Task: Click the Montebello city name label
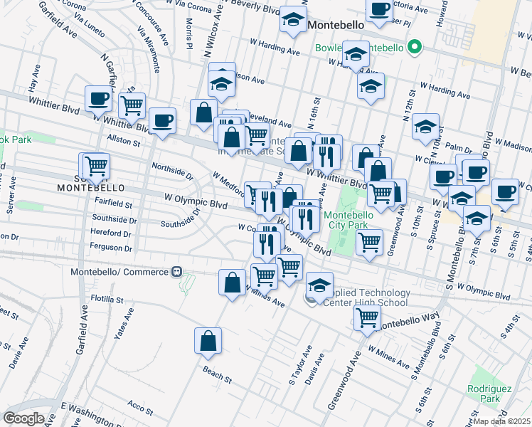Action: click(337, 24)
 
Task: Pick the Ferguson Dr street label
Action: click(111, 248)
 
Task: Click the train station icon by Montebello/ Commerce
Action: click(175, 272)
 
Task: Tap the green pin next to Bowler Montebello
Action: click(417, 49)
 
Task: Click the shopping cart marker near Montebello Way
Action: click(366, 317)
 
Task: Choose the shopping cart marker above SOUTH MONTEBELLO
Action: click(96, 167)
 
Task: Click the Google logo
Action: click(24, 418)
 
